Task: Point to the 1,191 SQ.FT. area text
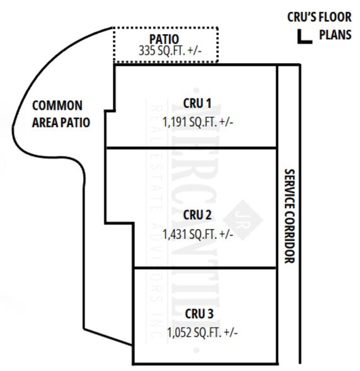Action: click(x=197, y=121)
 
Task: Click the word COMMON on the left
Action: click(x=57, y=105)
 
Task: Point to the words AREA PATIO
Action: click(x=61, y=122)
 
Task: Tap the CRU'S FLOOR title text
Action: click(x=319, y=19)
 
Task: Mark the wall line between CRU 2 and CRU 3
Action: click(x=204, y=267)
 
